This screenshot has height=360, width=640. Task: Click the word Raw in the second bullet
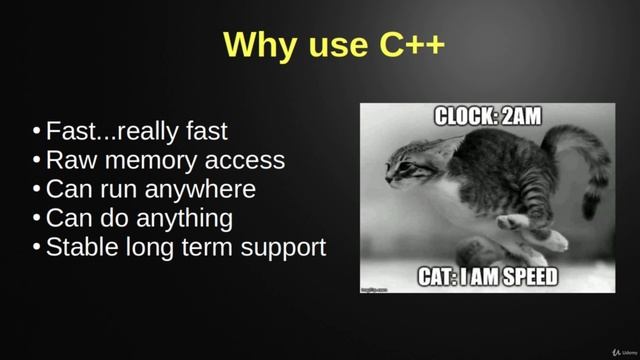click(70, 160)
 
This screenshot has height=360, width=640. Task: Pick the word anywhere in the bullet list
click(206, 189)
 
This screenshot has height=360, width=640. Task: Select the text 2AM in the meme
click(519, 116)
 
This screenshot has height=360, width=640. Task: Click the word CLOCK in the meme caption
click(465, 116)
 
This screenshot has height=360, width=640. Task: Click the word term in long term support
click(211, 248)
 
